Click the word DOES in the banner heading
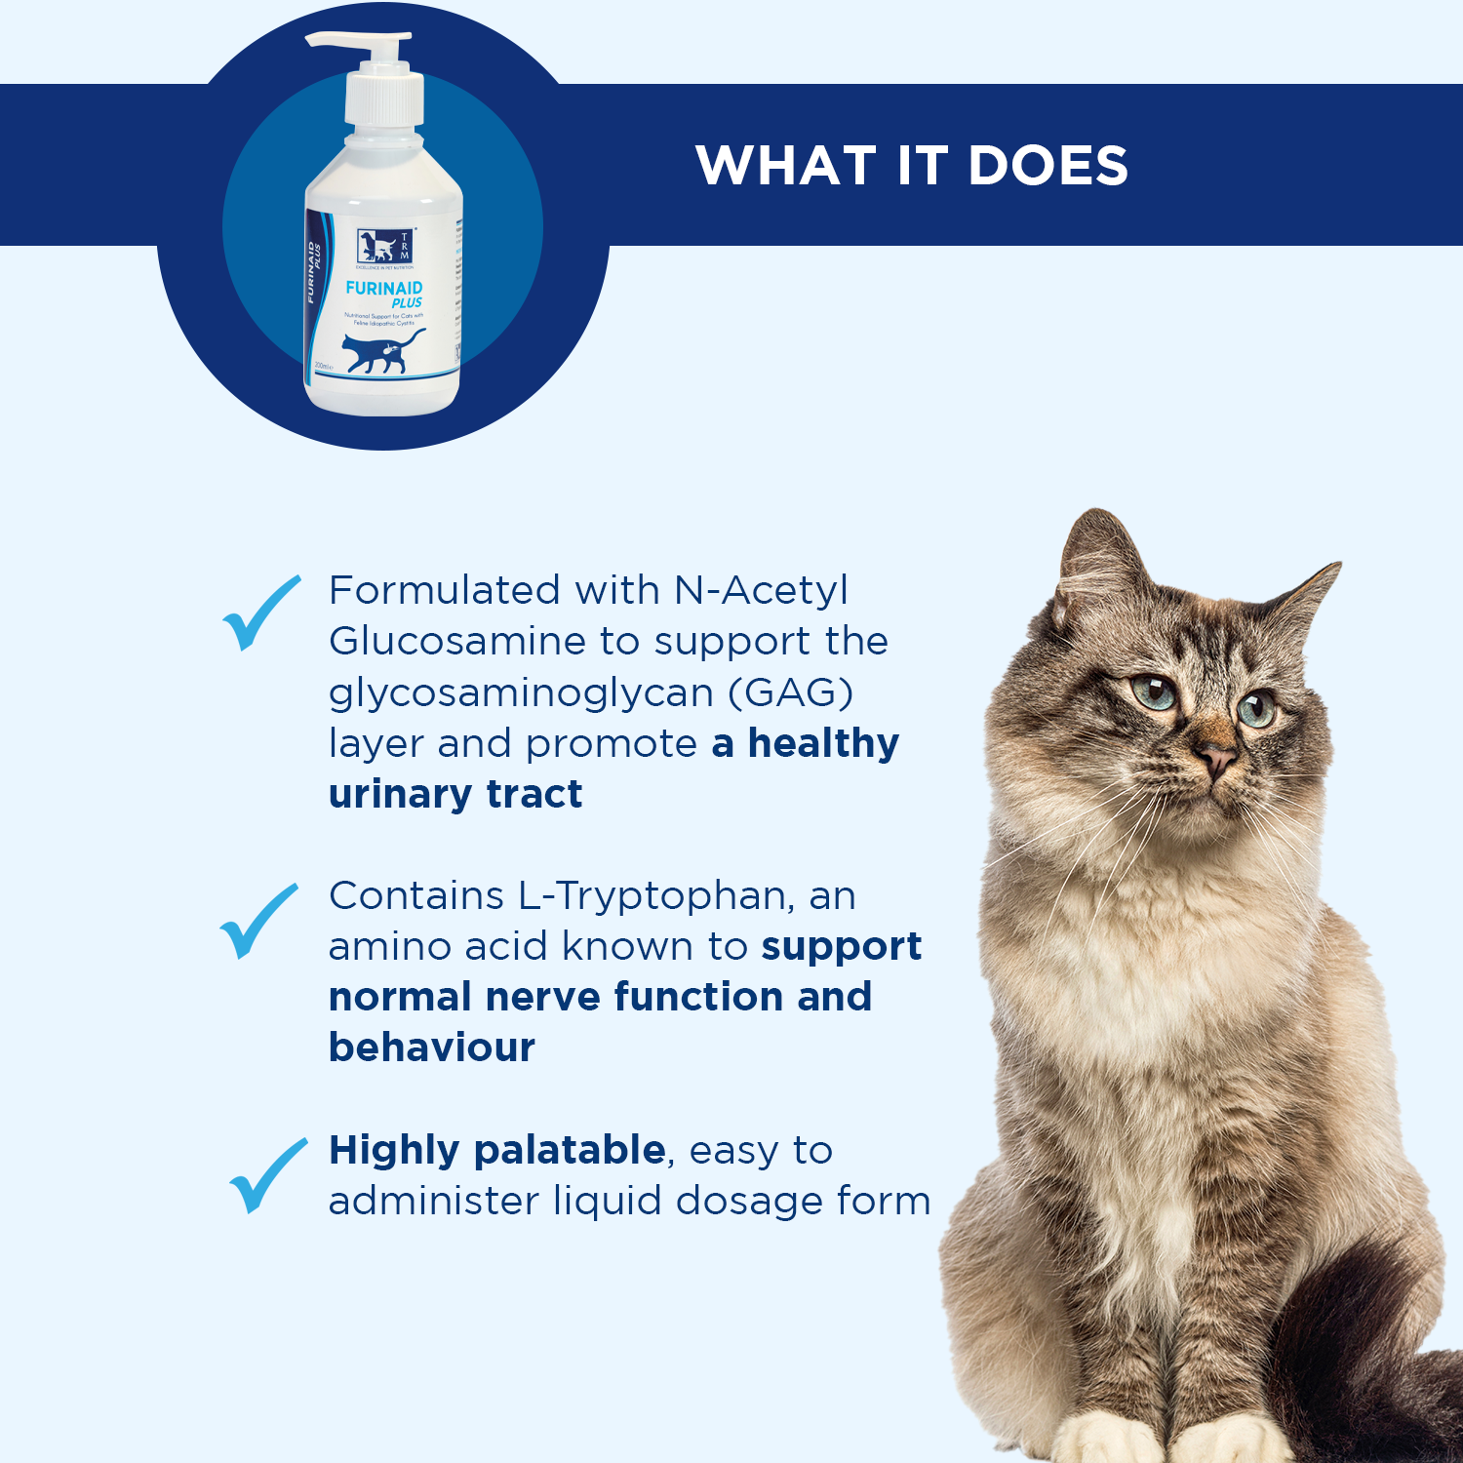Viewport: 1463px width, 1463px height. click(x=1048, y=165)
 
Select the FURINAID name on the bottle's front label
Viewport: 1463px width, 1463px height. click(x=384, y=288)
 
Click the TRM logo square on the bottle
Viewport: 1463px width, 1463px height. click(x=384, y=246)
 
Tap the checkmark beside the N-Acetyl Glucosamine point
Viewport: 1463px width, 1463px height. click(x=260, y=613)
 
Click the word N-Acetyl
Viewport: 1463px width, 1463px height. click(x=761, y=590)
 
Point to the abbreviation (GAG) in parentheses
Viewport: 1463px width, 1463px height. click(x=791, y=692)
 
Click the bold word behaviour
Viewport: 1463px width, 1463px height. click(x=432, y=1048)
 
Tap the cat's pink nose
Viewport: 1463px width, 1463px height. click(x=1217, y=756)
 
